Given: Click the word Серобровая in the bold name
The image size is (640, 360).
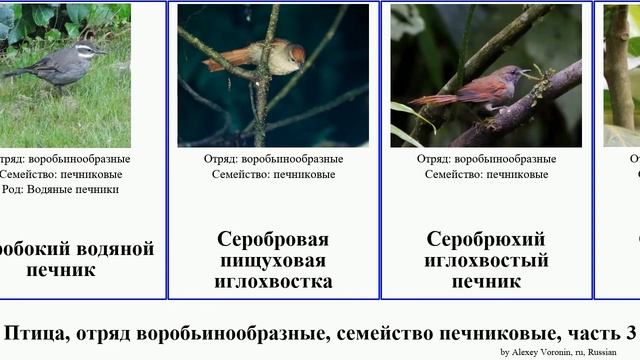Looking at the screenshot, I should click(273, 240).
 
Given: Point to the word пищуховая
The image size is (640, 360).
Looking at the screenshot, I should click(273, 261).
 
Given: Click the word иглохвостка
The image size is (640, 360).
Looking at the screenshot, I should click(273, 282).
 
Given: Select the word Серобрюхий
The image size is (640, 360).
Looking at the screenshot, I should click(486, 240).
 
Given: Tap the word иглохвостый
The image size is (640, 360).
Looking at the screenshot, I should click(486, 261).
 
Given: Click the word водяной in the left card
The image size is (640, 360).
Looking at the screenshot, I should click(116, 249).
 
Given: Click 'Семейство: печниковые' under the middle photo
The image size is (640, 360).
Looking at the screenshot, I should click(273, 174).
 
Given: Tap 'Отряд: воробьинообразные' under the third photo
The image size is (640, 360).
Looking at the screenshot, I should click(486, 159).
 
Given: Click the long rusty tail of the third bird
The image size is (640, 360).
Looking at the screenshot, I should click(435, 99).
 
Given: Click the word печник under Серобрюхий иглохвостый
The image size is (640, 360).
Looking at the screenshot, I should click(486, 282).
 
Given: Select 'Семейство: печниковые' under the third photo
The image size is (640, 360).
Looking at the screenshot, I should click(486, 174).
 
